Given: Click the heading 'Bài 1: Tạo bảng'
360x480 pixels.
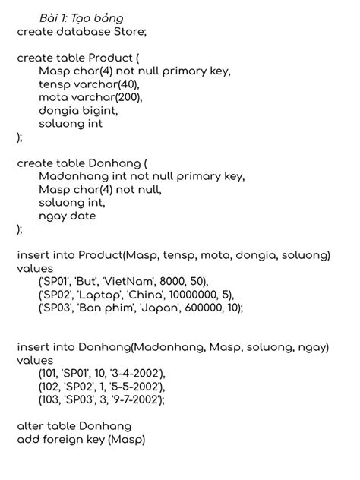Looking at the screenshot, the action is (82, 17).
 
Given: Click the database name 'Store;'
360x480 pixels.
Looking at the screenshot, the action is (130, 32).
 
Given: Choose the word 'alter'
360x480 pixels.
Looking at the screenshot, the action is (31, 426).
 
